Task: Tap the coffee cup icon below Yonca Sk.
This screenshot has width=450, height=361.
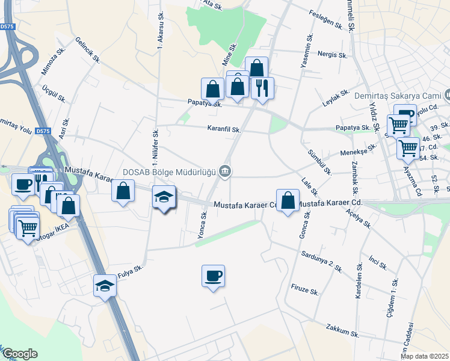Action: tap(213, 276)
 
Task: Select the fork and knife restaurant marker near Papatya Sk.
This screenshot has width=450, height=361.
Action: tap(262, 88)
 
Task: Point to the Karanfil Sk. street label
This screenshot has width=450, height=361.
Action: tap(224, 129)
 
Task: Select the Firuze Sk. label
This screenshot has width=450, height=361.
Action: tap(304, 291)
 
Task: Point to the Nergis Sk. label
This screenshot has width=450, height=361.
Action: tap(333, 55)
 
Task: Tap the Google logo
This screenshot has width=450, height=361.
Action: tap(20, 353)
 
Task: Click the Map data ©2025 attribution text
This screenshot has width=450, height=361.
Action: tap(424, 356)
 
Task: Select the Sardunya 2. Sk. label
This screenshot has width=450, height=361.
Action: tap(322, 262)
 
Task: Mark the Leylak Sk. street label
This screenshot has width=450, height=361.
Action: tap(336, 98)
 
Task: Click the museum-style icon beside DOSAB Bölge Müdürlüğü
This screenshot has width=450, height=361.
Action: tap(225, 171)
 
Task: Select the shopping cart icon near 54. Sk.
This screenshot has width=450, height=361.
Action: tap(408, 147)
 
